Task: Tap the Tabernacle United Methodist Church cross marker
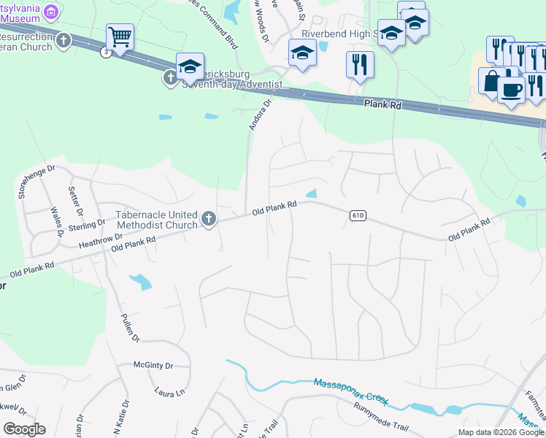pyautogui.click(x=209, y=219)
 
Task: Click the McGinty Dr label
pyautogui.click(x=153, y=366)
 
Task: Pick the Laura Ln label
pyautogui.click(x=169, y=393)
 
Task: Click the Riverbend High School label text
pyautogui.click(x=332, y=34)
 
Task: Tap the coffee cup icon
pyautogui.click(x=512, y=89)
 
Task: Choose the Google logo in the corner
pyautogui.click(x=24, y=429)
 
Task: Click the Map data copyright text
pyautogui.click(x=501, y=432)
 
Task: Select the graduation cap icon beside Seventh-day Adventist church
pyautogui.click(x=190, y=66)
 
